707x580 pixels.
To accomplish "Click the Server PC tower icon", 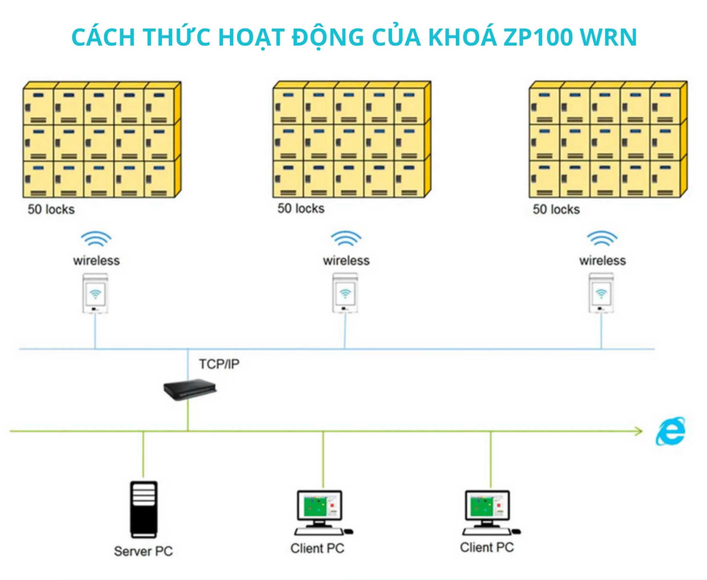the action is click(x=144, y=509).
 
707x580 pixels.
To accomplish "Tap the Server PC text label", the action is click(x=143, y=551).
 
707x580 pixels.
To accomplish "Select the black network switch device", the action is click(x=190, y=389).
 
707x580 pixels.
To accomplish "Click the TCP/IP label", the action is click(x=219, y=364).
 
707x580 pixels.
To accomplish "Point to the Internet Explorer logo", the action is click(x=671, y=431).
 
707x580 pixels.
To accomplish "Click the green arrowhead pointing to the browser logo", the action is click(x=638, y=431).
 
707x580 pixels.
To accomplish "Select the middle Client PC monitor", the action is click(x=320, y=506).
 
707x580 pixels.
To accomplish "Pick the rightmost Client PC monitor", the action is click(x=487, y=505).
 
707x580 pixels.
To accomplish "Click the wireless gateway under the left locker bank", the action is click(x=95, y=293).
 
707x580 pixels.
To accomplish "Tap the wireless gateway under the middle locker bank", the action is click(x=345, y=293).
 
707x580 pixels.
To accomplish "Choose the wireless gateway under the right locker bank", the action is click(x=601, y=293).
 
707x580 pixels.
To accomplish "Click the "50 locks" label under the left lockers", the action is click(x=51, y=209).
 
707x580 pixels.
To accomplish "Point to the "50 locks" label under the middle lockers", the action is click(x=301, y=208).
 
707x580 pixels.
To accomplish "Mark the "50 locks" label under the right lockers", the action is click(x=556, y=209).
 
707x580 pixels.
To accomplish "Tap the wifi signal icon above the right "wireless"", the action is click(x=602, y=238).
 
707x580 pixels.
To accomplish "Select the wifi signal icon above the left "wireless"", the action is click(x=96, y=238).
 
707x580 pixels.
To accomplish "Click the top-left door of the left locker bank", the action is click(x=38, y=106).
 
